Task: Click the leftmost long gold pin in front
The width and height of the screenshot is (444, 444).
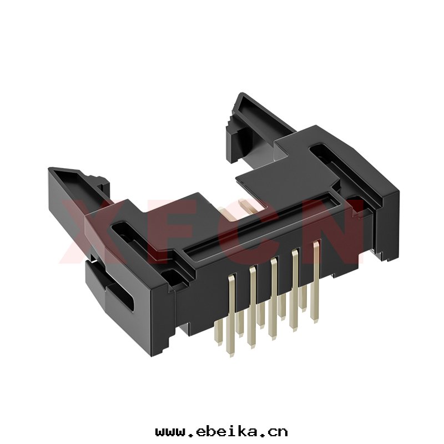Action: (x=231, y=314)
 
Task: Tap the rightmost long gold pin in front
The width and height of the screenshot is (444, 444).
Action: (x=315, y=282)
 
